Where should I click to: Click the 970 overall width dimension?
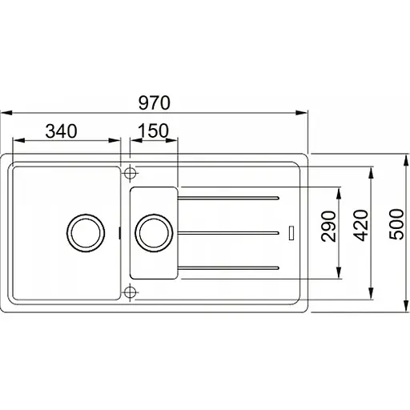tap(155, 102)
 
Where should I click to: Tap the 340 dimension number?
tap(62, 131)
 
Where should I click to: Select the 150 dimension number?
tap(153, 131)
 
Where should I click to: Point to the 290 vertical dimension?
tap(328, 227)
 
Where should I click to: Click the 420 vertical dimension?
tap(360, 226)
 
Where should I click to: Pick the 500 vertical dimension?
tap(396, 224)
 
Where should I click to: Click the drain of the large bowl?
tap(86, 233)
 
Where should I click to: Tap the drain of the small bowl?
tap(154, 233)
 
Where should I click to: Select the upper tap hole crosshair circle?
tap(130, 173)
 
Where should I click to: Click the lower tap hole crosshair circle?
tap(130, 292)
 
